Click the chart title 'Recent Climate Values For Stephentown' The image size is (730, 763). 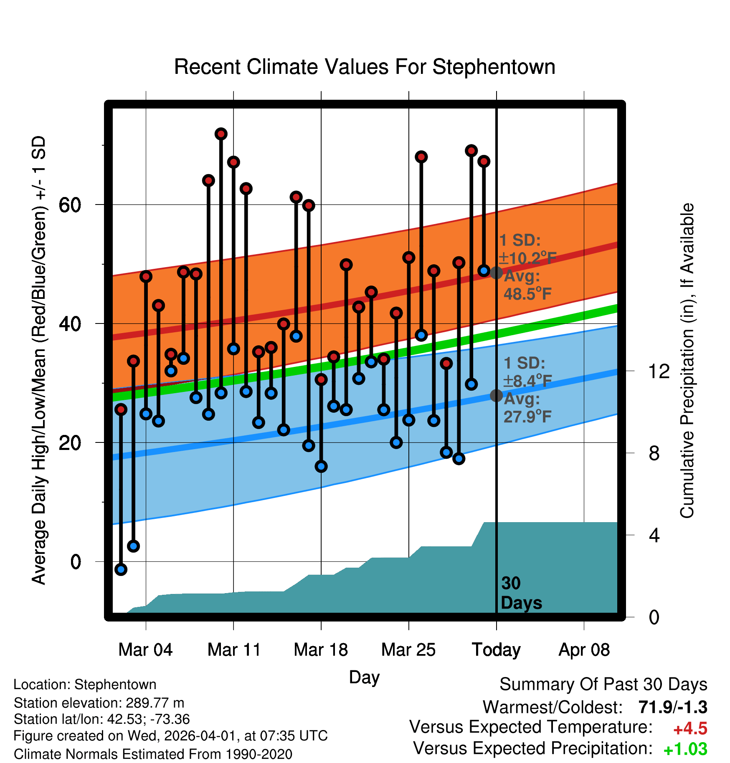pyautogui.click(x=365, y=67)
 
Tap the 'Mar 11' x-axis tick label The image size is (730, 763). pyautogui.click(x=234, y=650)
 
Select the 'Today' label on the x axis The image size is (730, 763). pyautogui.click(x=496, y=650)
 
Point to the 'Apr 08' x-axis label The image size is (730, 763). pyautogui.click(x=584, y=650)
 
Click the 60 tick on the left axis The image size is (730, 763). pyautogui.click(x=70, y=205)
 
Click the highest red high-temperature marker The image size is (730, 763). pyautogui.click(x=221, y=134)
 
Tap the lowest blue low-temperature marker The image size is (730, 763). pyautogui.click(x=121, y=569)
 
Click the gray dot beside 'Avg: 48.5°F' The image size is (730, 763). pyautogui.click(x=496, y=273)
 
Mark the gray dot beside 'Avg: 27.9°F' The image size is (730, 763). pyautogui.click(x=496, y=395)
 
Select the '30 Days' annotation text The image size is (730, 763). pyautogui.click(x=521, y=593)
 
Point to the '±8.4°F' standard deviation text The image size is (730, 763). pyautogui.click(x=527, y=381)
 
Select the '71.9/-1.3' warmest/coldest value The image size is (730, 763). pyautogui.click(x=672, y=707)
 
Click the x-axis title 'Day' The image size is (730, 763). pyautogui.click(x=364, y=677)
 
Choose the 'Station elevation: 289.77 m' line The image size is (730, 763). pyautogui.click(x=99, y=703)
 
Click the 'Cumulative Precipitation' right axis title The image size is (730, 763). pyautogui.click(x=687, y=361)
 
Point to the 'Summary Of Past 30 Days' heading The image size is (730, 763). pyautogui.click(x=603, y=685)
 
